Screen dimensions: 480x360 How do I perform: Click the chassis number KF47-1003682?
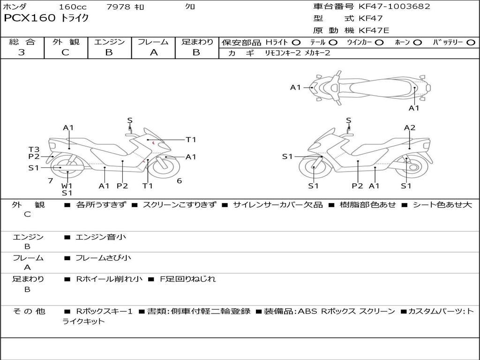(394, 7)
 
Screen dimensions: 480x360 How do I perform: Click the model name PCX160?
(30, 18)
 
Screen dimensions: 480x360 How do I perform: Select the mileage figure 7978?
(119, 7)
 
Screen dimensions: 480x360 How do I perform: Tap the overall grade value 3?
(22, 52)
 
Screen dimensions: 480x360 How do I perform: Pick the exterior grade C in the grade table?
(65, 52)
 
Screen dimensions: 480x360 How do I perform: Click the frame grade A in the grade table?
(153, 52)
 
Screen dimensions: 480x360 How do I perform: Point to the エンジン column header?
(109, 42)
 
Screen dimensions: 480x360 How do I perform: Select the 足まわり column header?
(197, 42)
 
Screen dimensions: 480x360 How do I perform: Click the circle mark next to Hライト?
(296, 42)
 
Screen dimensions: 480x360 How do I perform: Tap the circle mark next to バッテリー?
(471, 42)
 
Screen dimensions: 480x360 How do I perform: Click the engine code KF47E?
(374, 31)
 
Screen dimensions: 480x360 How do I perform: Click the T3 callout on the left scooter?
(34, 150)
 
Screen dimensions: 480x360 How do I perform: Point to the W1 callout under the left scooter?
(67, 186)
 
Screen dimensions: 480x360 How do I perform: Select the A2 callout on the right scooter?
(410, 127)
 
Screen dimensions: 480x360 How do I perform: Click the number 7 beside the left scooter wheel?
(50, 181)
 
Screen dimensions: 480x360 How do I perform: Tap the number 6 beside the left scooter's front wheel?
(179, 181)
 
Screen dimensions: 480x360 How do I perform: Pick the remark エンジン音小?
(101, 237)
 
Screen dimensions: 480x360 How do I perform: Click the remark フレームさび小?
(103, 258)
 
